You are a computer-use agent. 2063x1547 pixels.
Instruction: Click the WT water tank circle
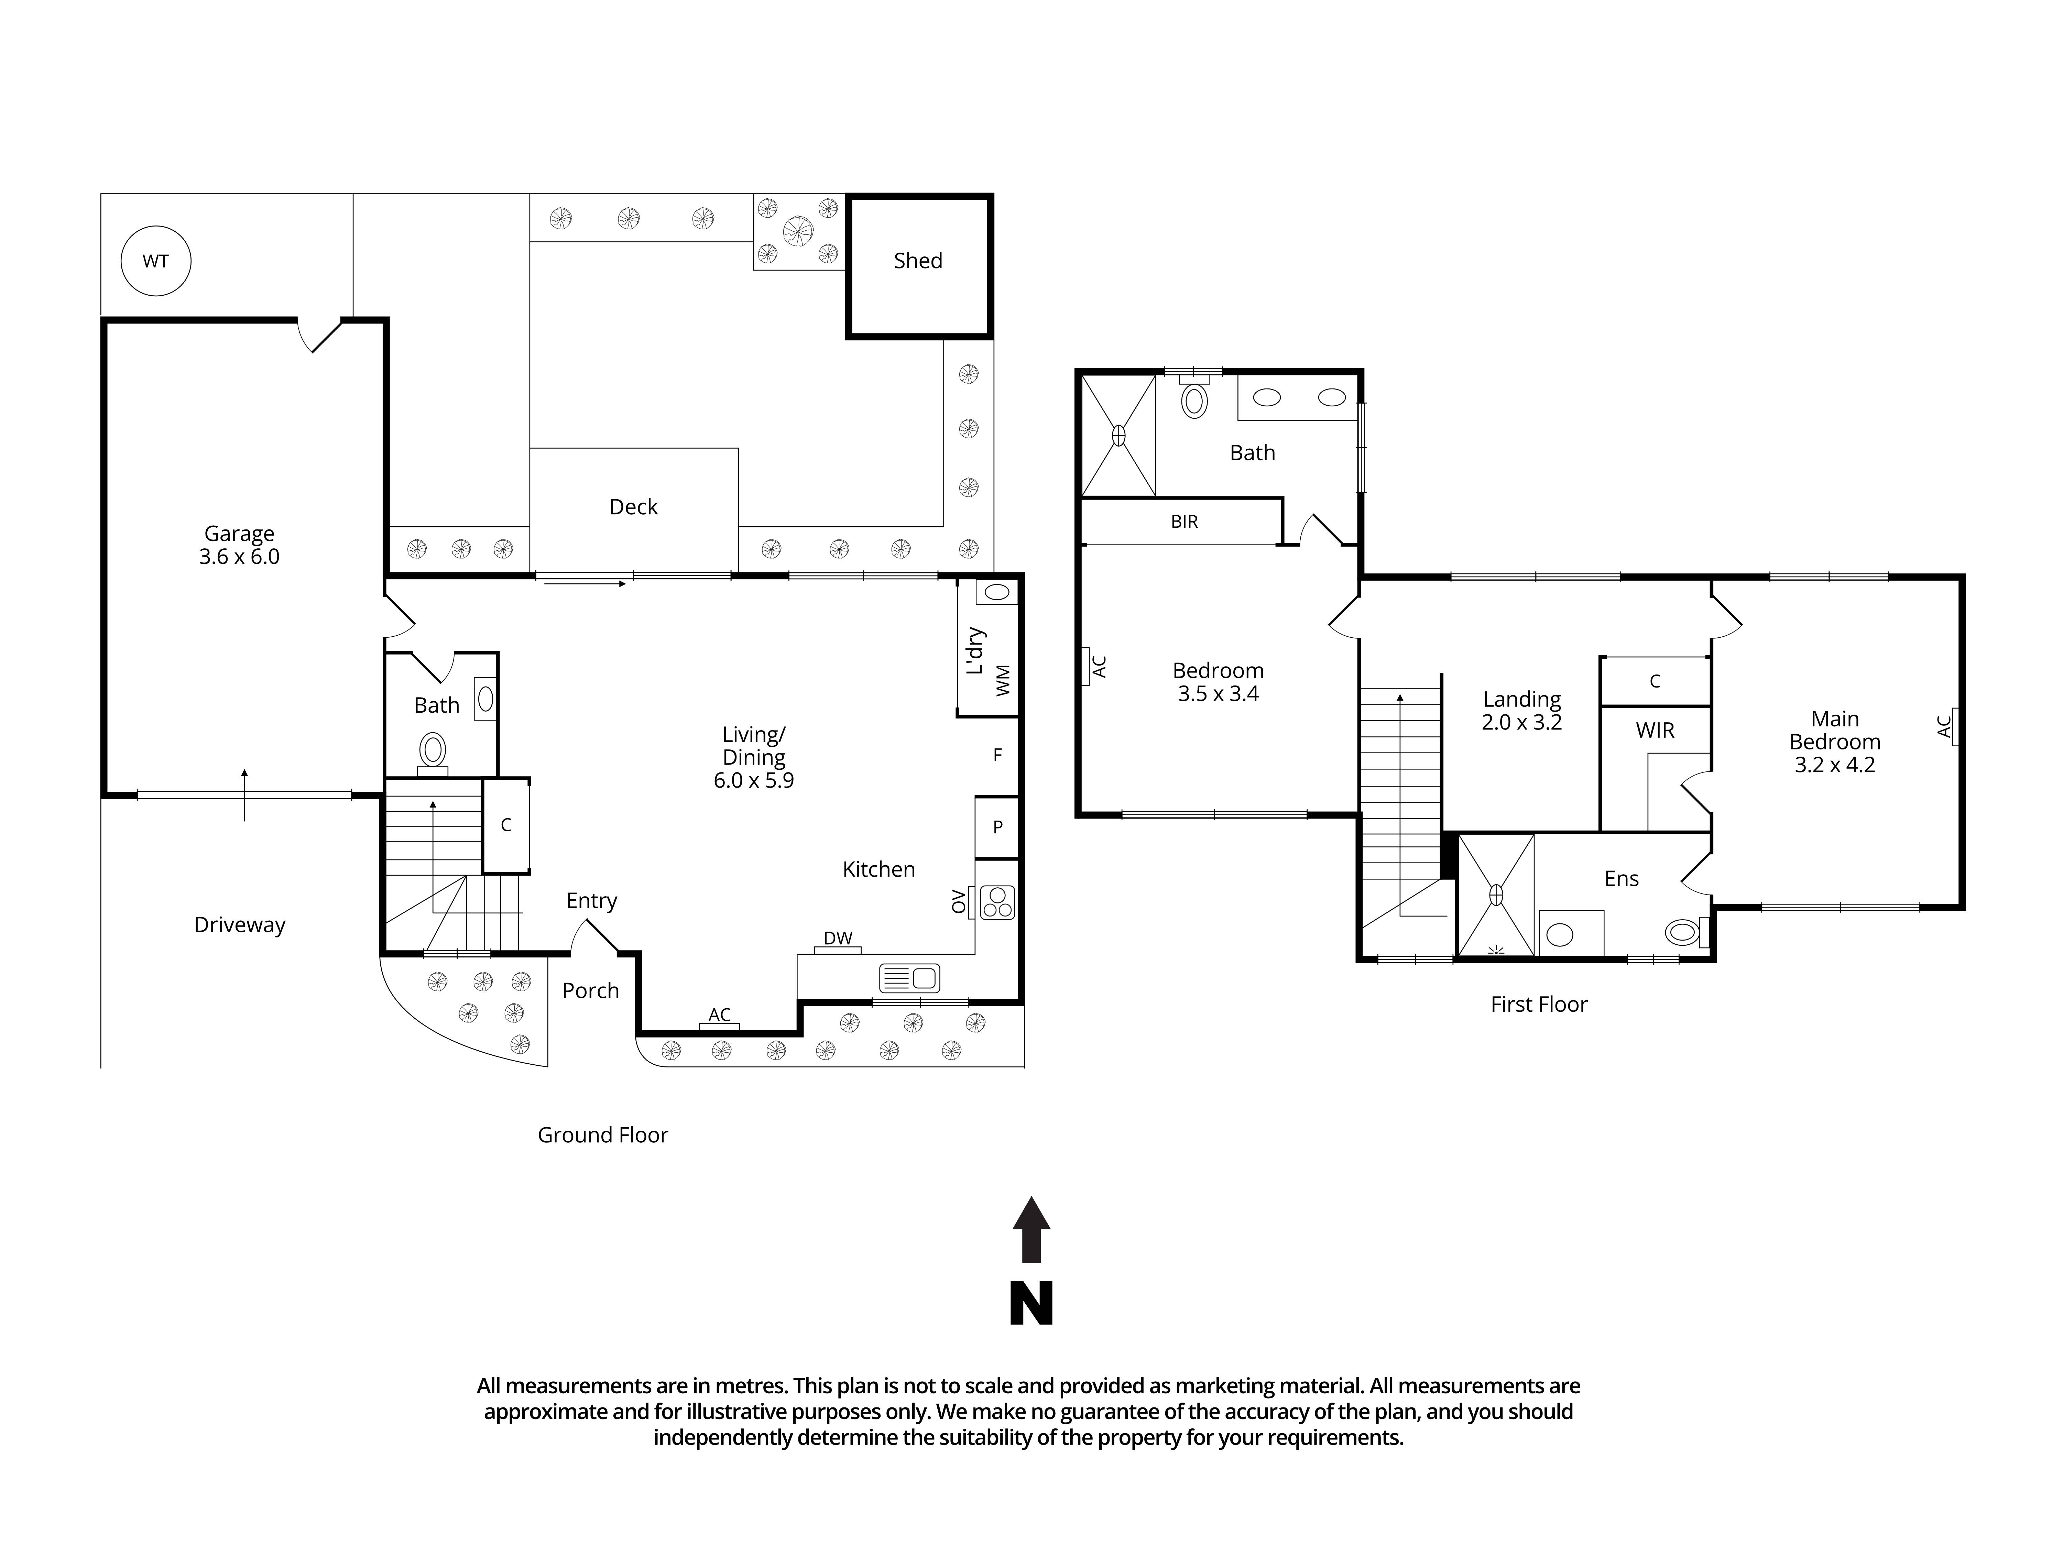(x=156, y=261)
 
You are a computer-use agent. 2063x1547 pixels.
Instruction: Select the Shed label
(x=918, y=261)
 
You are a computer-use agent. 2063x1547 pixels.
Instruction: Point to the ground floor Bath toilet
(x=433, y=751)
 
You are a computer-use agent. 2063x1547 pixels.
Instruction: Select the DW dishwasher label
(x=838, y=938)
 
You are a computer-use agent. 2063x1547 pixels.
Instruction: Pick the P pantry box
(x=997, y=827)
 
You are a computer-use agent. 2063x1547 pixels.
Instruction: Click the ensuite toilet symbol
(x=1682, y=932)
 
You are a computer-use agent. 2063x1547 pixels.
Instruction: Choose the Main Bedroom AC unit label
(x=1945, y=726)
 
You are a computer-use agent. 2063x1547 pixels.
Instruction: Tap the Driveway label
(x=240, y=925)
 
